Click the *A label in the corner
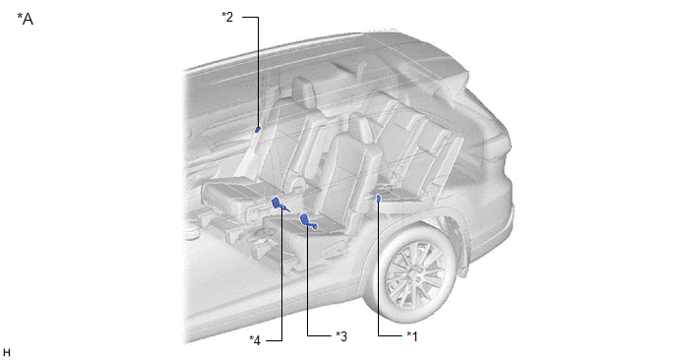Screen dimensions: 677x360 (25, 19)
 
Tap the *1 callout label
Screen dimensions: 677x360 (412, 336)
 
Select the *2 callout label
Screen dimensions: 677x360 (227, 17)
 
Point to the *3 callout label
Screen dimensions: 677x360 (341, 336)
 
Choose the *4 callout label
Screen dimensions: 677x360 (255, 340)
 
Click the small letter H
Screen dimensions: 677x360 (6, 353)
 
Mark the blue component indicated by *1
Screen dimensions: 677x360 (379, 198)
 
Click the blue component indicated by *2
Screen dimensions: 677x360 (258, 129)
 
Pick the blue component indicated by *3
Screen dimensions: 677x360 (308, 221)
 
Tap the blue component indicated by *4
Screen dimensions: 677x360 (278, 205)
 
